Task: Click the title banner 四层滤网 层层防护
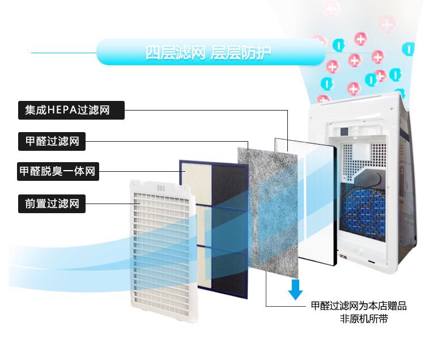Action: [x=209, y=54]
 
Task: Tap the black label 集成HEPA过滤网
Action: [x=71, y=110]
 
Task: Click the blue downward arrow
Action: [x=295, y=289]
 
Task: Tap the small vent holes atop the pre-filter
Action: [x=161, y=187]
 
